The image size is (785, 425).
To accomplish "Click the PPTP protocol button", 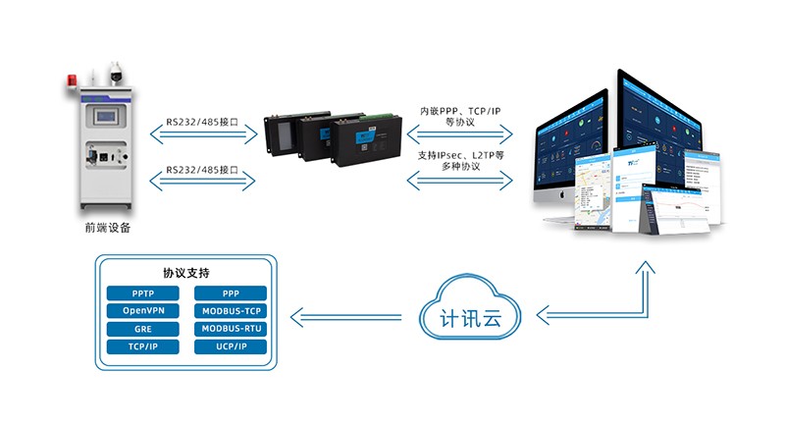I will pos(142,293).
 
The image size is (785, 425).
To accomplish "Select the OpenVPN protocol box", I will pos(142,311).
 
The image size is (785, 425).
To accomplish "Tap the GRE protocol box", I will pos(142,329).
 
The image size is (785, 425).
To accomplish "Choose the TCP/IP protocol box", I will pos(142,346).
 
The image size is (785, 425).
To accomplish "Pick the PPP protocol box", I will pos(232,293).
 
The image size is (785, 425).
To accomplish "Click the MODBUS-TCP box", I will pos(232,311).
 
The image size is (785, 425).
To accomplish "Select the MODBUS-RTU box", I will pos(232,329).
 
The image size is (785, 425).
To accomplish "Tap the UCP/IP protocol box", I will pos(232,346).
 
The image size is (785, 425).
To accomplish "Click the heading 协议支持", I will pos(186,272).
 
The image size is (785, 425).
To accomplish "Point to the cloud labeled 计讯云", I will pos(472,316).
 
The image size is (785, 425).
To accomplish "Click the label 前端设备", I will pos(107,228).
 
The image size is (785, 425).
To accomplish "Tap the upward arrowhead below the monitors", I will pos(645,266).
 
